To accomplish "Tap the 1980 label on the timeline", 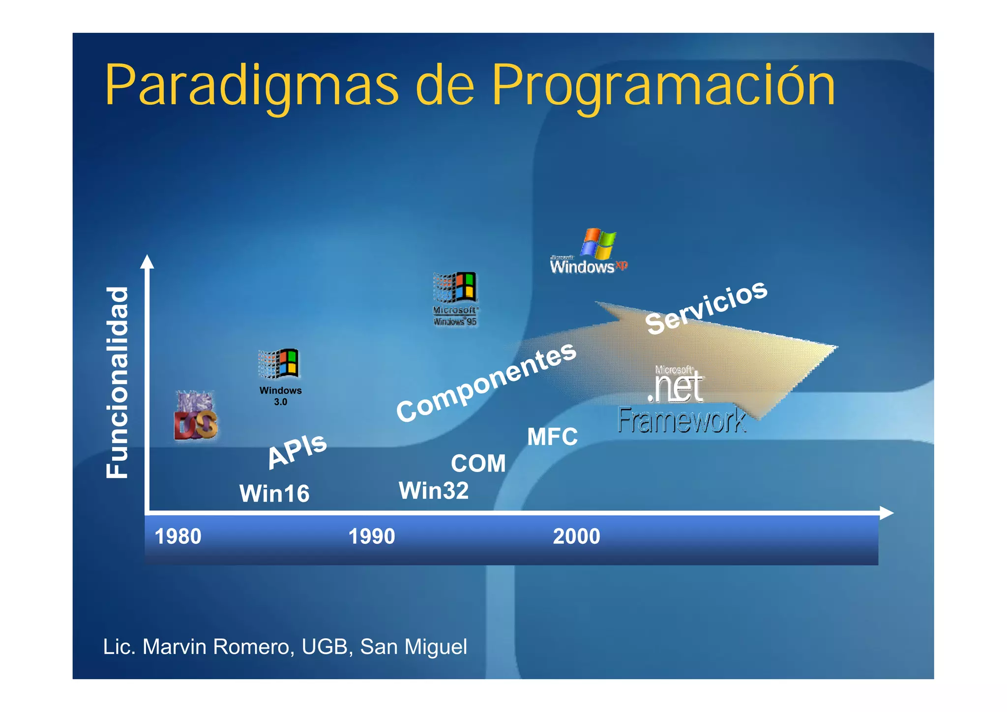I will pos(178,536).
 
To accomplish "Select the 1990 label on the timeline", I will pos(372,536).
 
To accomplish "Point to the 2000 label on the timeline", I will pos(576,536).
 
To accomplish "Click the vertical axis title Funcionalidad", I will pos(118,382).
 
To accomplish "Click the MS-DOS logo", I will pos(196,415).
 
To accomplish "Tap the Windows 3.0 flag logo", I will pos(279,364).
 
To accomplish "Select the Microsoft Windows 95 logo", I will pos(455,299).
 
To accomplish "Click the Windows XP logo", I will pos(589,252).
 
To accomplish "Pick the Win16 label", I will pos(274,494).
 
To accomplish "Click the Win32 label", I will pos(434,491).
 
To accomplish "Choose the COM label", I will pos(478,464).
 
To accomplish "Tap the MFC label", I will pos(552,437).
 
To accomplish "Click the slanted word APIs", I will pos(297,450).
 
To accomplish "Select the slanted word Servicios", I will pos(706,307).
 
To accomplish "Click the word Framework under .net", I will pos(681,421).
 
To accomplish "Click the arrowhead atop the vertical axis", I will pos(147,262).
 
